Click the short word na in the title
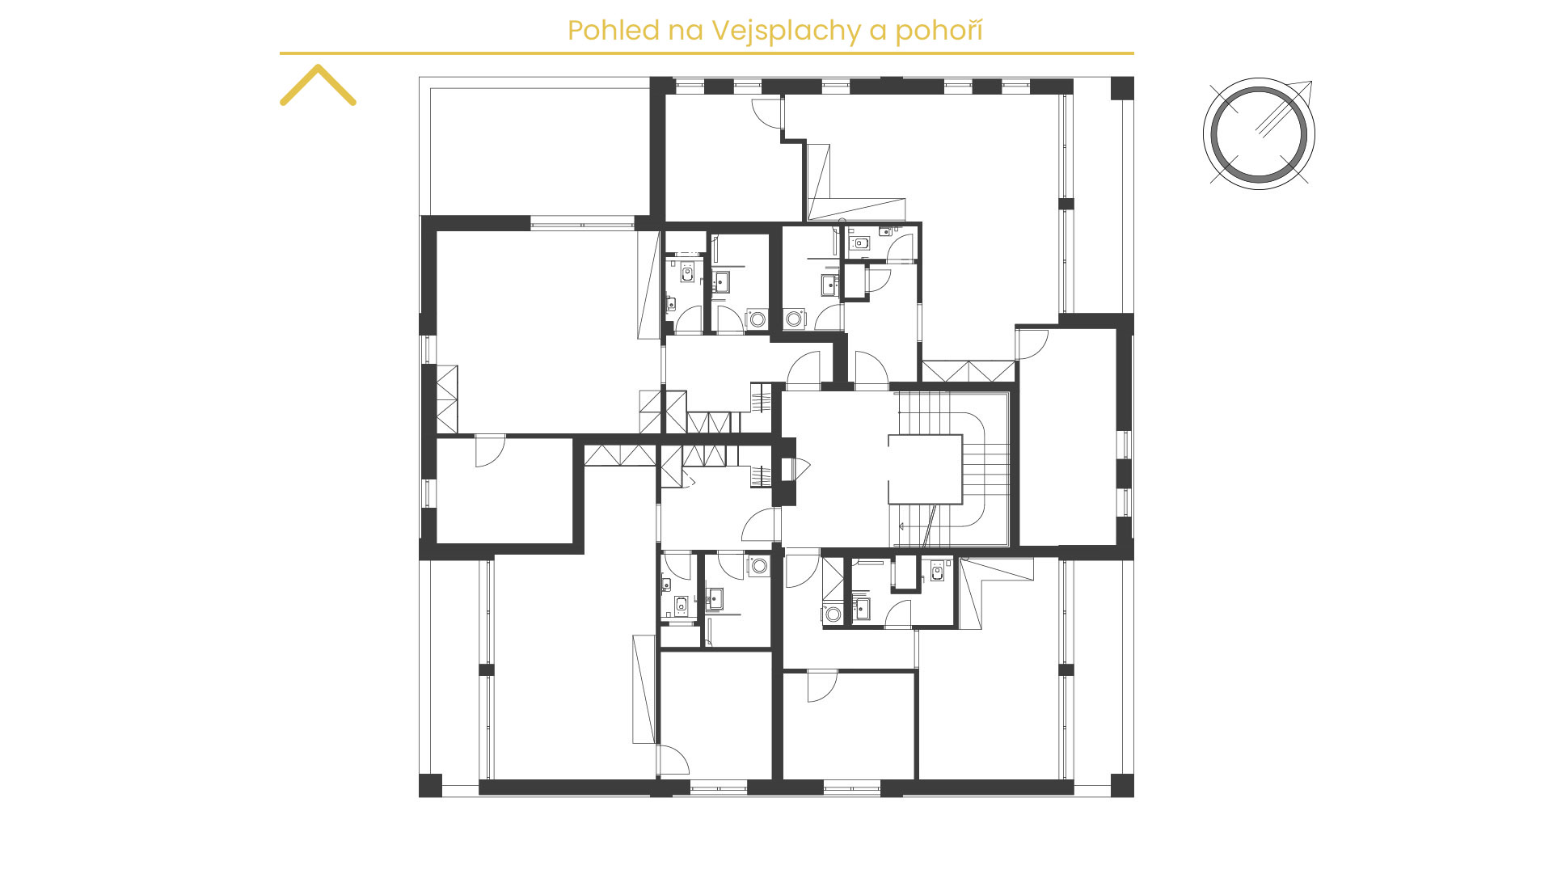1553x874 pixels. (686, 32)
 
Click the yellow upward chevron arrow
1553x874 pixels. (318, 84)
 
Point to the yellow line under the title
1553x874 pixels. (707, 53)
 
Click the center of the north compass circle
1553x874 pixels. (1258, 133)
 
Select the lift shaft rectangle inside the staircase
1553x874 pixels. (926, 470)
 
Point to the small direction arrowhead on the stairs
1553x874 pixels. (903, 526)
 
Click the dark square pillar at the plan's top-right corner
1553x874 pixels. (1122, 88)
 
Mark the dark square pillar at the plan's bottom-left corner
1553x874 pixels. (430, 786)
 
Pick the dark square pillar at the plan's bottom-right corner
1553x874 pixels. (1122, 786)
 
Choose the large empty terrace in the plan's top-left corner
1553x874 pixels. (540, 151)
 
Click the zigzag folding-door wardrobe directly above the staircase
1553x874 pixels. (969, 372)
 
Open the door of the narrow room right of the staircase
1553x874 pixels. (1032, 344)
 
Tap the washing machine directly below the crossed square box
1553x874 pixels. (833, 614)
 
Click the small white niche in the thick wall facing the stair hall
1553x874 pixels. (786, 470)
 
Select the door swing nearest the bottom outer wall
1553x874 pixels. (673, 760)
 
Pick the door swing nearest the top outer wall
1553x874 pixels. (768, 113)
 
